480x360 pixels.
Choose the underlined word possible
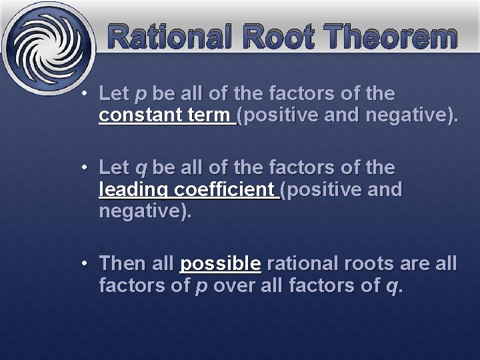pyautogui.click(x=220, y=265)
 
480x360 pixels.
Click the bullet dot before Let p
pyautogui.click(x=85, y=94)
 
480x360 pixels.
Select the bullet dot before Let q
pyautogui.click(x=85, y=167)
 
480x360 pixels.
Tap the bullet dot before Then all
pyautogui.click(x=85, y=263)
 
